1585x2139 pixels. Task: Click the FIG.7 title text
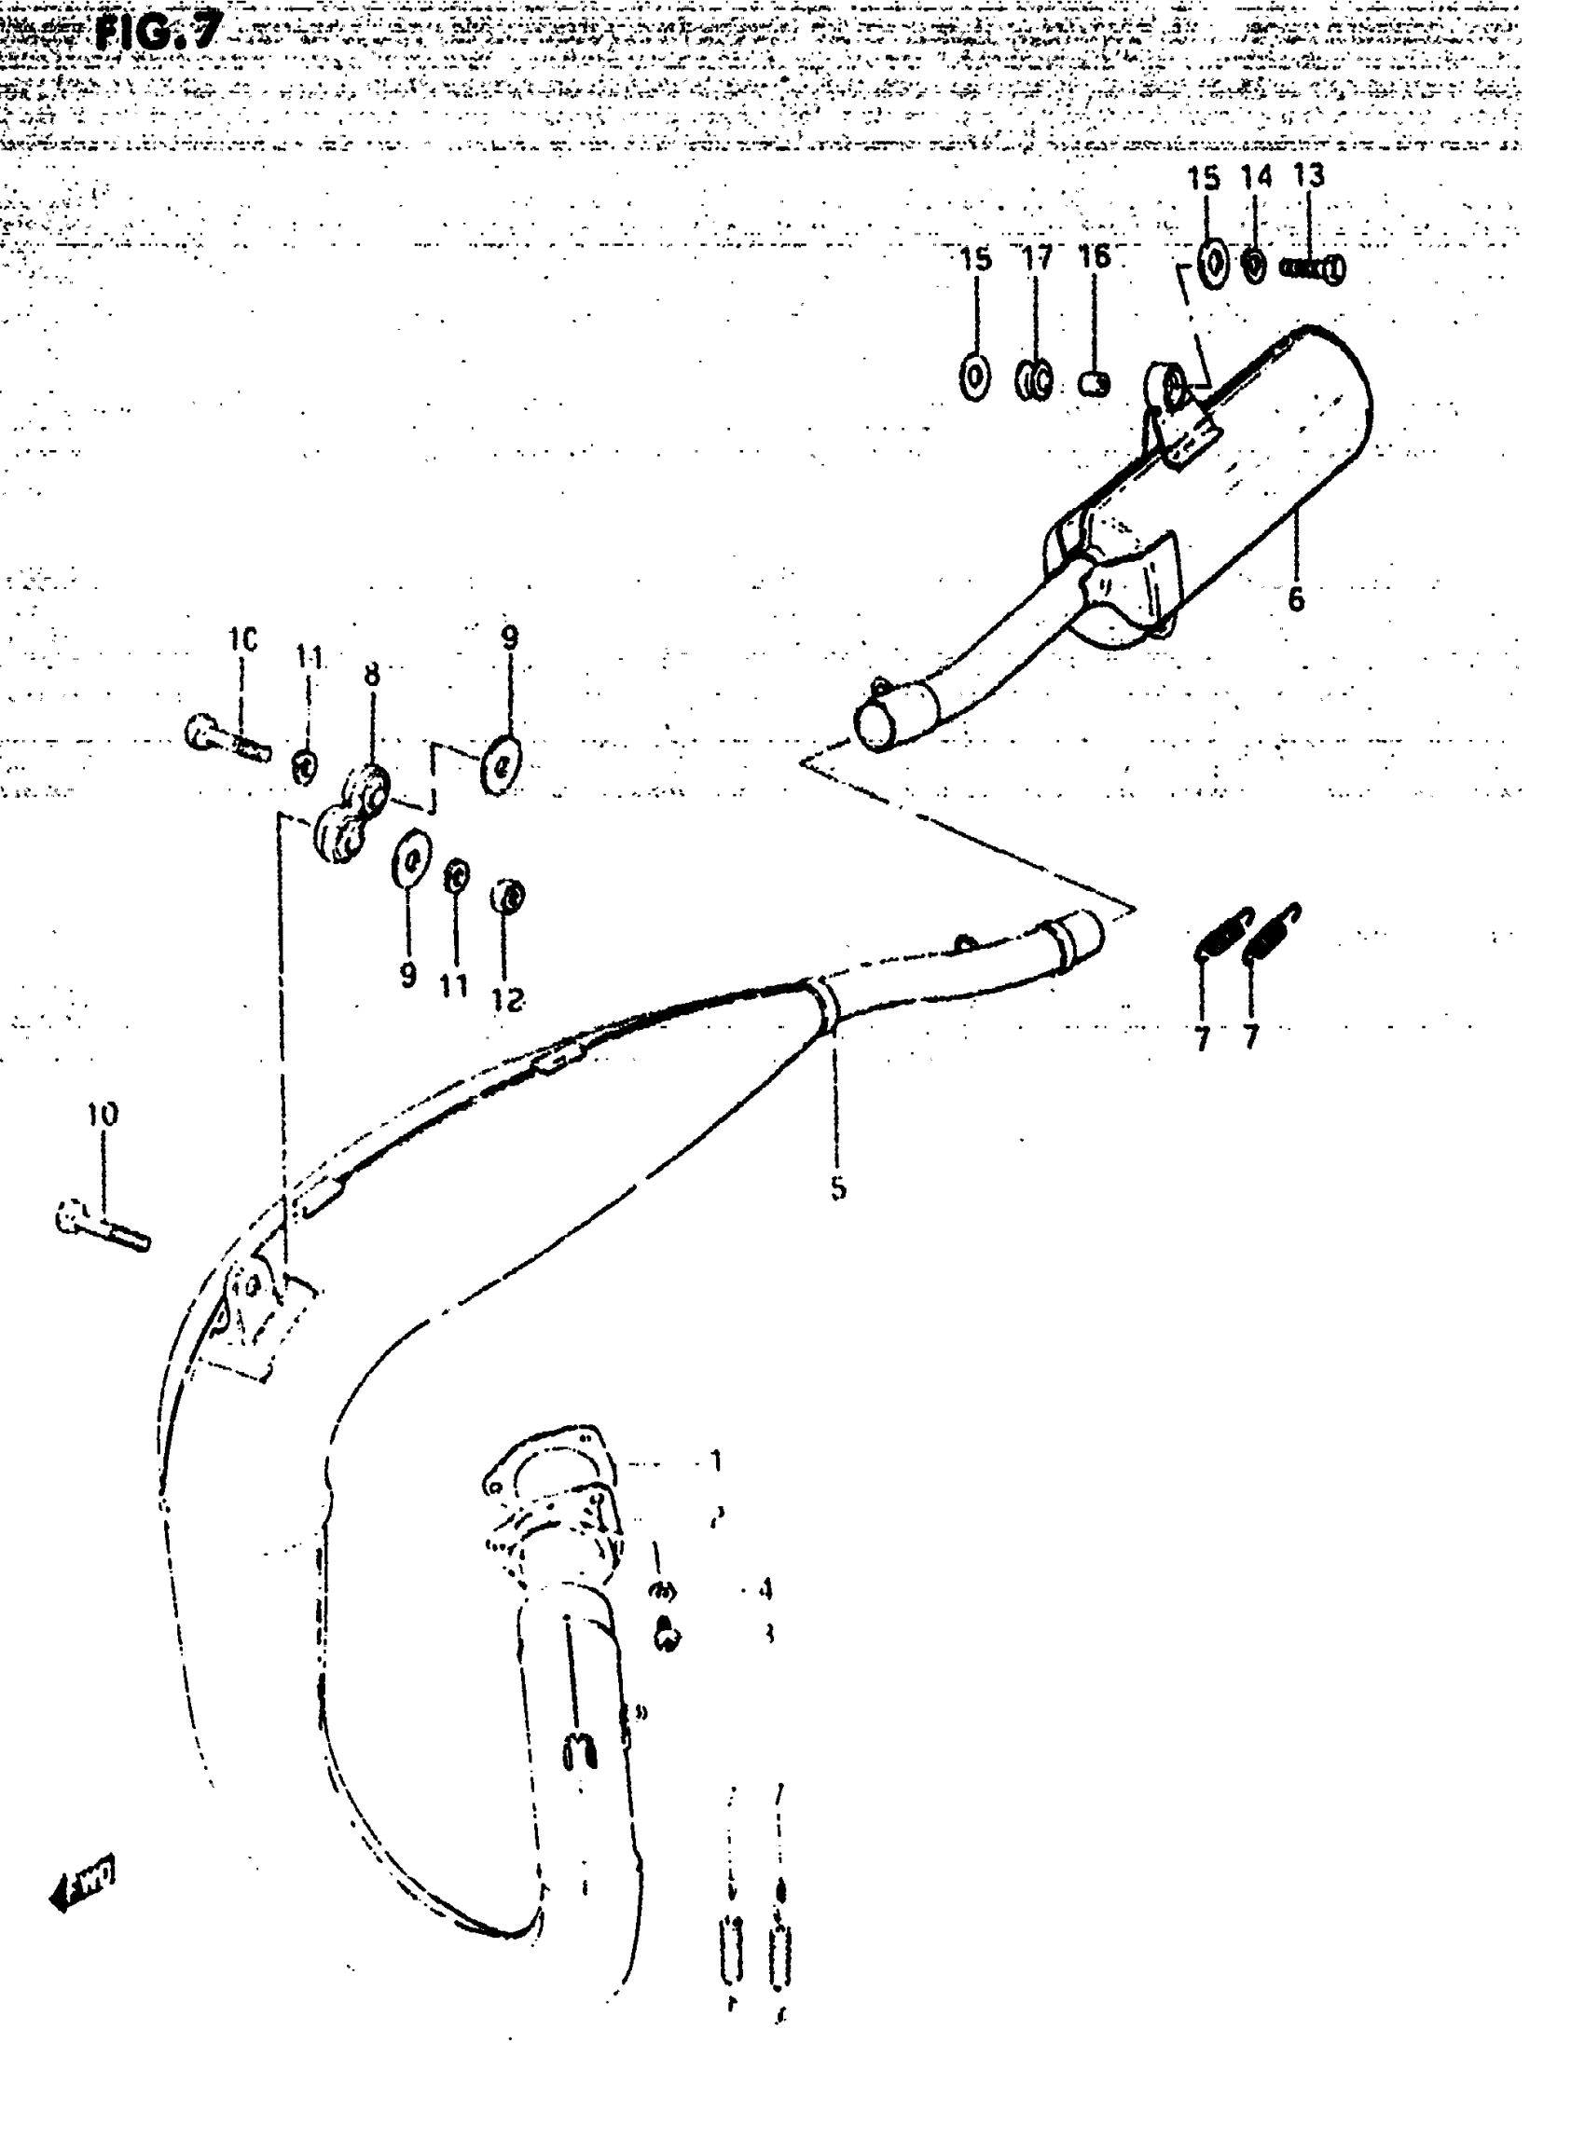coord(158,31)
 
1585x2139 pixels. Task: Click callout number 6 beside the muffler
coord(1295,599)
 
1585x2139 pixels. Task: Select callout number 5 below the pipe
coord(837,1188)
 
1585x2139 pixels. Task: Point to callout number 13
coord(1308,175)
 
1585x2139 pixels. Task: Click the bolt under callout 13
coord(1313,269)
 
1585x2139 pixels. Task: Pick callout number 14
coord(1256,176)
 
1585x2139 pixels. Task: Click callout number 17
coord(1036,257)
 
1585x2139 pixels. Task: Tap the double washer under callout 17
coord(1034,380)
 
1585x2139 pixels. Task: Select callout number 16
coord(1094,256)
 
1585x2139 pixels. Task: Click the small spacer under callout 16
coord(1095,384)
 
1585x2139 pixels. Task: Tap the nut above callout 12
coord(507,898)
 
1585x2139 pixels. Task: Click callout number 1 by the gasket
coord(715,1460)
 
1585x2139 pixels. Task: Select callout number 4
coord(765,1589)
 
